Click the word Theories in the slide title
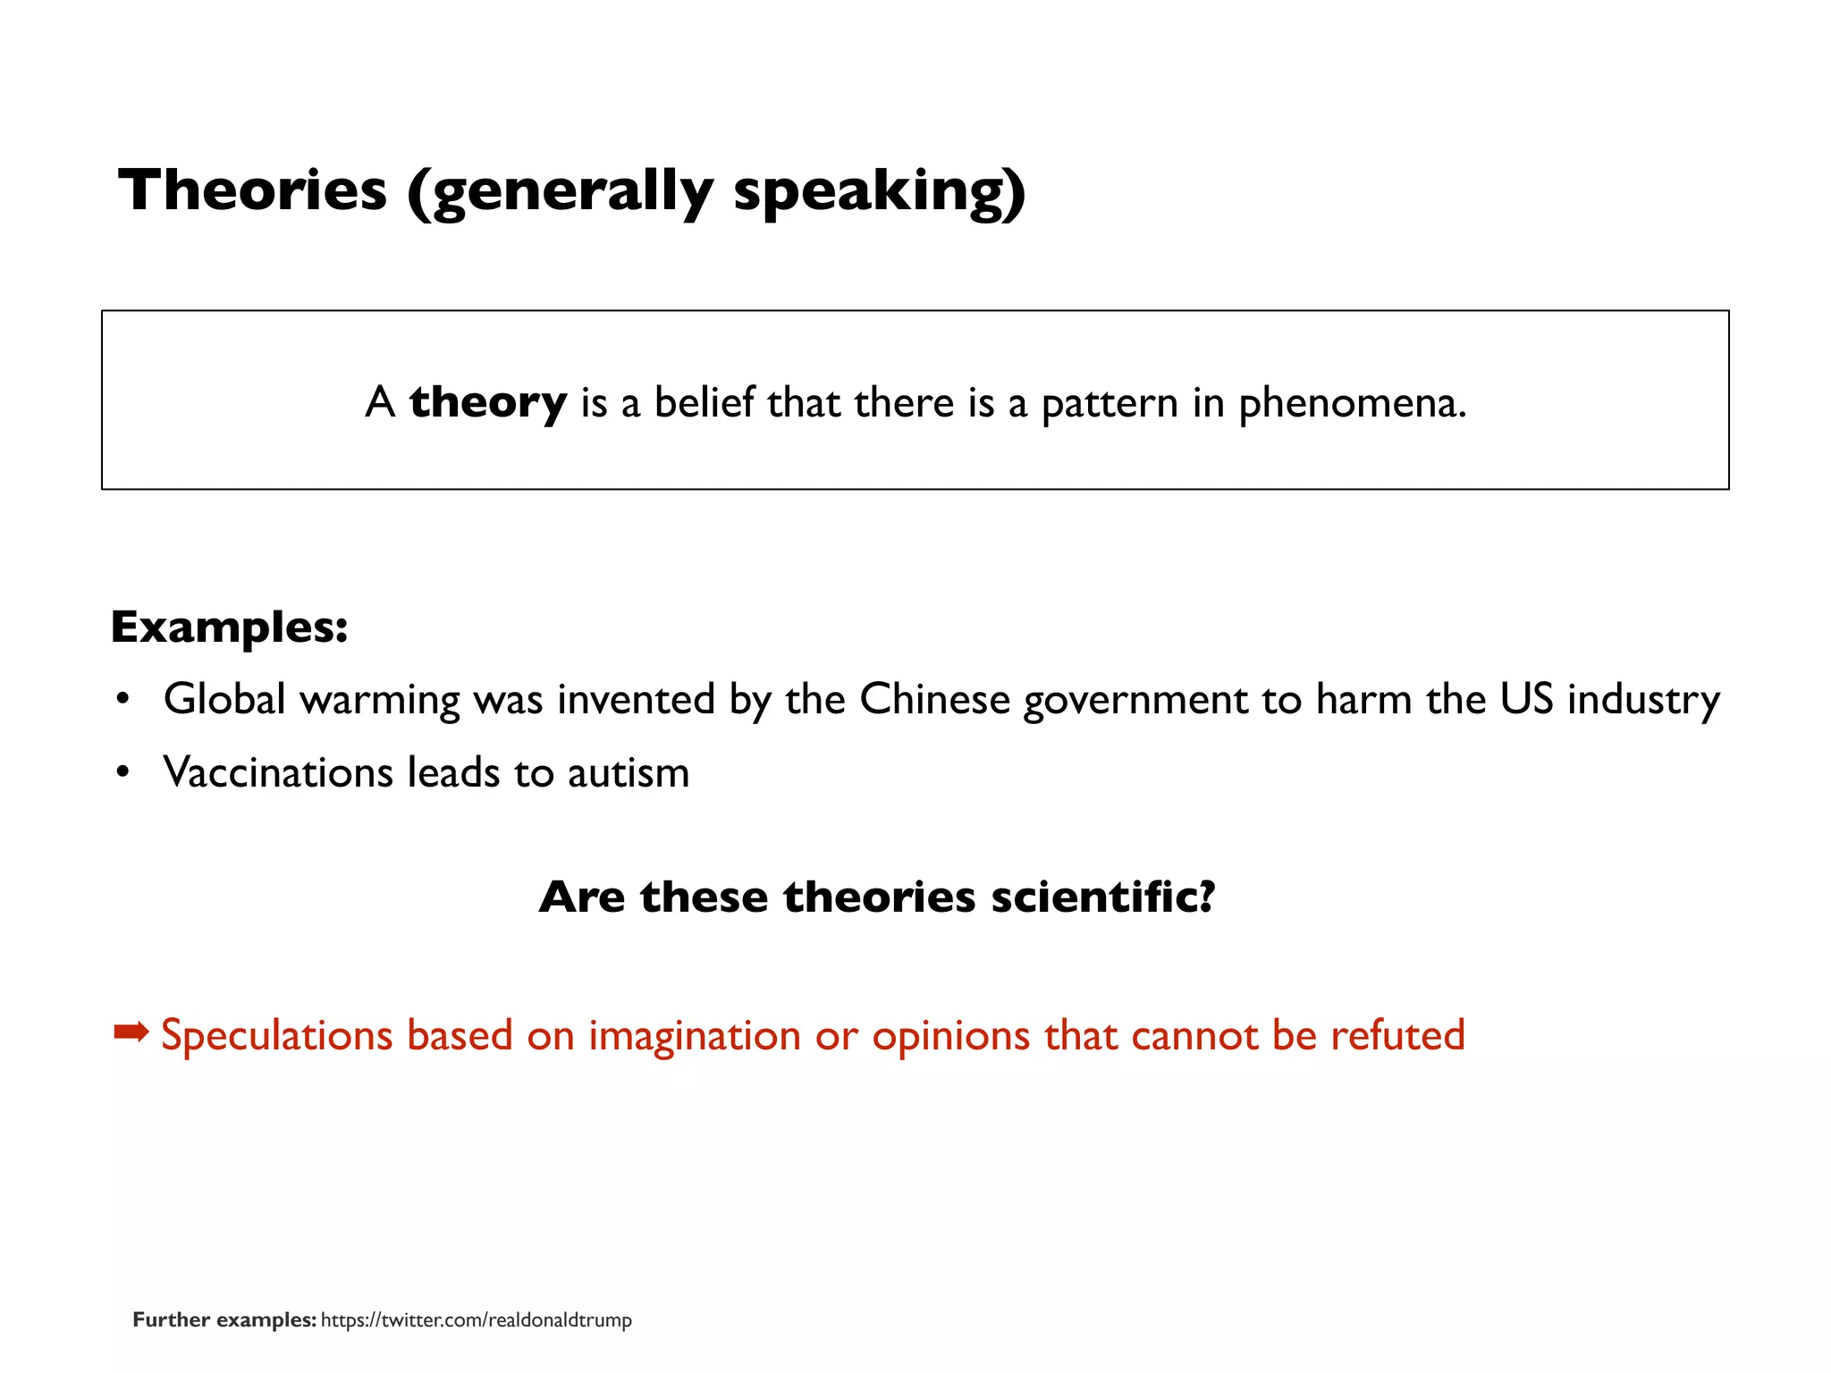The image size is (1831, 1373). tap(253, 190)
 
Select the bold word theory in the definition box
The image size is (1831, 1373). tap(488, 402)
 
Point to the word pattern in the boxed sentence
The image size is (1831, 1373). tap(1110, 403)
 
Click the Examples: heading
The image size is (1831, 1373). tap(229, 627)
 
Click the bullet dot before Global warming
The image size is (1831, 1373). tap(123, 698)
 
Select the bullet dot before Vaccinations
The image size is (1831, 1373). tap(123, 771)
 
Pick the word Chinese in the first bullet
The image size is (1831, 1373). tap(934, 699)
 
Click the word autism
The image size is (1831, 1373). tap(628, 772)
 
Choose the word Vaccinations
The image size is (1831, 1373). tap(277, 772)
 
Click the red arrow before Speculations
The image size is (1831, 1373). tap(131, 1033)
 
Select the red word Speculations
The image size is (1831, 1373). tap(276, 1035)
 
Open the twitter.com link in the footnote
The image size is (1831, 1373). tap(476, 1320)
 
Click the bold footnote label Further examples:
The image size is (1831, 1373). tap(224, 1320)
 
